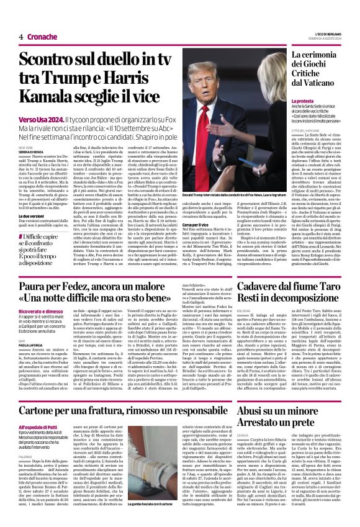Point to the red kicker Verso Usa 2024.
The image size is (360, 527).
tap(42, 118)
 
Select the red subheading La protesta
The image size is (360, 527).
tap(304, 101)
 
